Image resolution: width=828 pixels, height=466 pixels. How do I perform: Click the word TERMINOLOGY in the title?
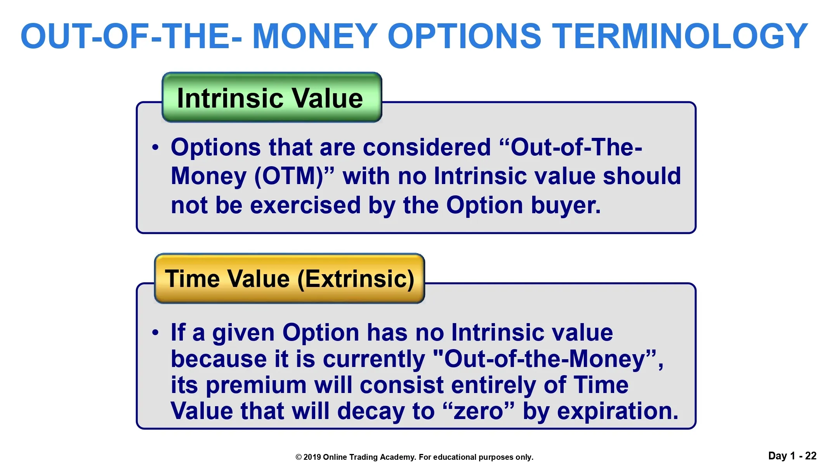(x=680, y=36)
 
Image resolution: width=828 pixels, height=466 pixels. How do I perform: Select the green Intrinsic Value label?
(x=272, y=97)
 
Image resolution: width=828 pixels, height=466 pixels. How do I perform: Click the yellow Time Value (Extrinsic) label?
(x=290, y=278)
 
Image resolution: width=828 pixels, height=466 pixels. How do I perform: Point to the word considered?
(x=427, y=148)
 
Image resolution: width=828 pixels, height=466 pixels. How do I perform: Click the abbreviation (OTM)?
(x=289, y=177)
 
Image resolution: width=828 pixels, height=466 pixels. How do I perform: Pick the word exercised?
(x=305, y=205)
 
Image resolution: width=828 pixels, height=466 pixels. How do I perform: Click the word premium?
(x=256, y=386)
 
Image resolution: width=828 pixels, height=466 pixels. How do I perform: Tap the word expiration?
(x=618, y=411)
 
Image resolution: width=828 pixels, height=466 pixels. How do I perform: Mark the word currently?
(x=374, y=359)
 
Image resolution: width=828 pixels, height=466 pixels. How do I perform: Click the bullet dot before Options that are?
(x=156, y=148)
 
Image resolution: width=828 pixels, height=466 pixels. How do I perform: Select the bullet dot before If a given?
(x=156, y=333)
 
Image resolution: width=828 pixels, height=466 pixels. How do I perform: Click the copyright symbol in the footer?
(x=299, y=457)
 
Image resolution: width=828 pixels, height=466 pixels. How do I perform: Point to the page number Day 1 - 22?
(x=792, y=456)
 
